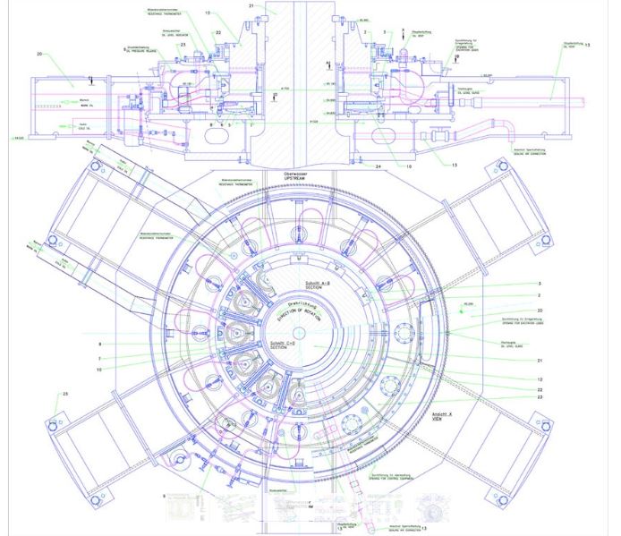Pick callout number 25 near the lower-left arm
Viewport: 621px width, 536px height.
[64, 394]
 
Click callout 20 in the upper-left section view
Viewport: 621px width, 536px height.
[40, 55]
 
